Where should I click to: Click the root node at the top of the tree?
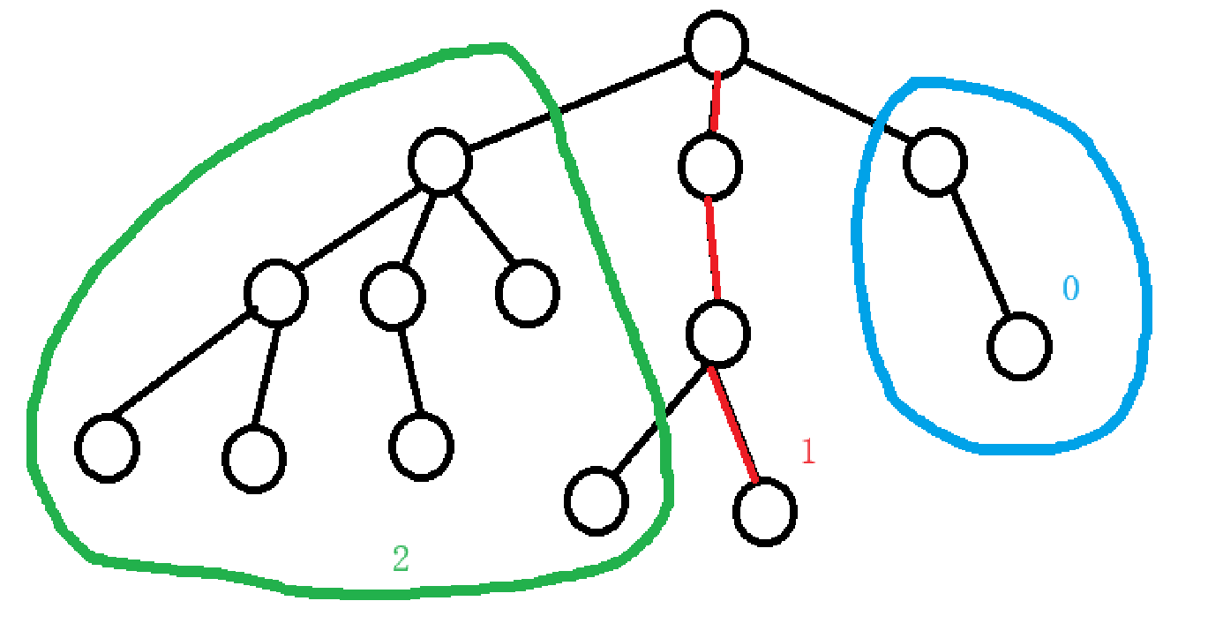pos(717,44)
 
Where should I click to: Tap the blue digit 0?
pos(1070,288)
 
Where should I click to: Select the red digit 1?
pos(808,451)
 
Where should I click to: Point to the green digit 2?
pos(401,558)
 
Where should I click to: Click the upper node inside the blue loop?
pos(935,162)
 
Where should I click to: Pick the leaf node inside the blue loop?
pos(1019,346)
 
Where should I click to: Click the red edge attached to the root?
pos(715,102)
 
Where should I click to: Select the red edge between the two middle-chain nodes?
pos(713,249)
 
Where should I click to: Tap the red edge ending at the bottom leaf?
pos(734,424)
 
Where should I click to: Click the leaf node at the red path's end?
pos(765,511)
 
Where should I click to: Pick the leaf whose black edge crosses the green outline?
pos(596,501)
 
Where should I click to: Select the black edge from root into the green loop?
pos(578,102)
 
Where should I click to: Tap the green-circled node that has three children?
pos(440,162)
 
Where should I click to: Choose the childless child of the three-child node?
pos(527,293)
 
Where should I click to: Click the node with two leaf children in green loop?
pos(275,293)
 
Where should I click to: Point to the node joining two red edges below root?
pos(709,166)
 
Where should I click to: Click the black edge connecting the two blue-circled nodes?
pos(980,252)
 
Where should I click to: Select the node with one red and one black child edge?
pos(717,334)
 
